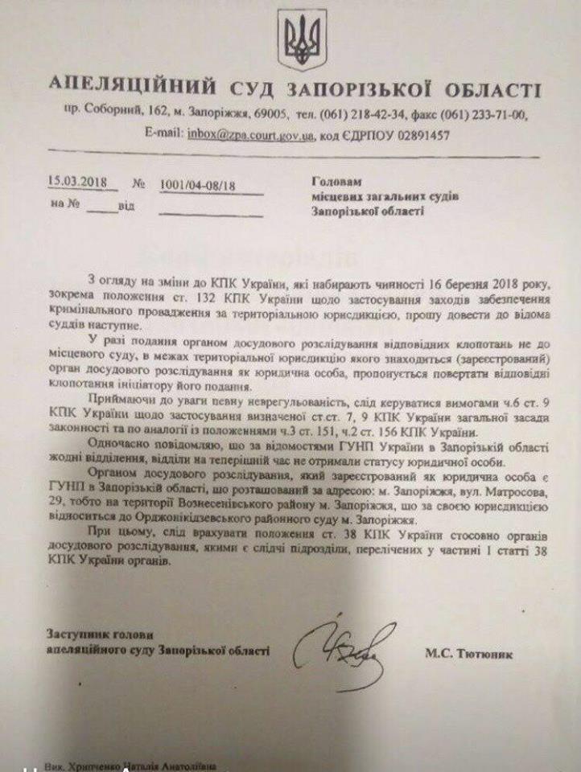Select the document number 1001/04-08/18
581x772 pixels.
click(x=199, y=185)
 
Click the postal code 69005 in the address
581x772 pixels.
click(x=275, y=113)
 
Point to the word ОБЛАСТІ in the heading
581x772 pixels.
click(x=493, y=87)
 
